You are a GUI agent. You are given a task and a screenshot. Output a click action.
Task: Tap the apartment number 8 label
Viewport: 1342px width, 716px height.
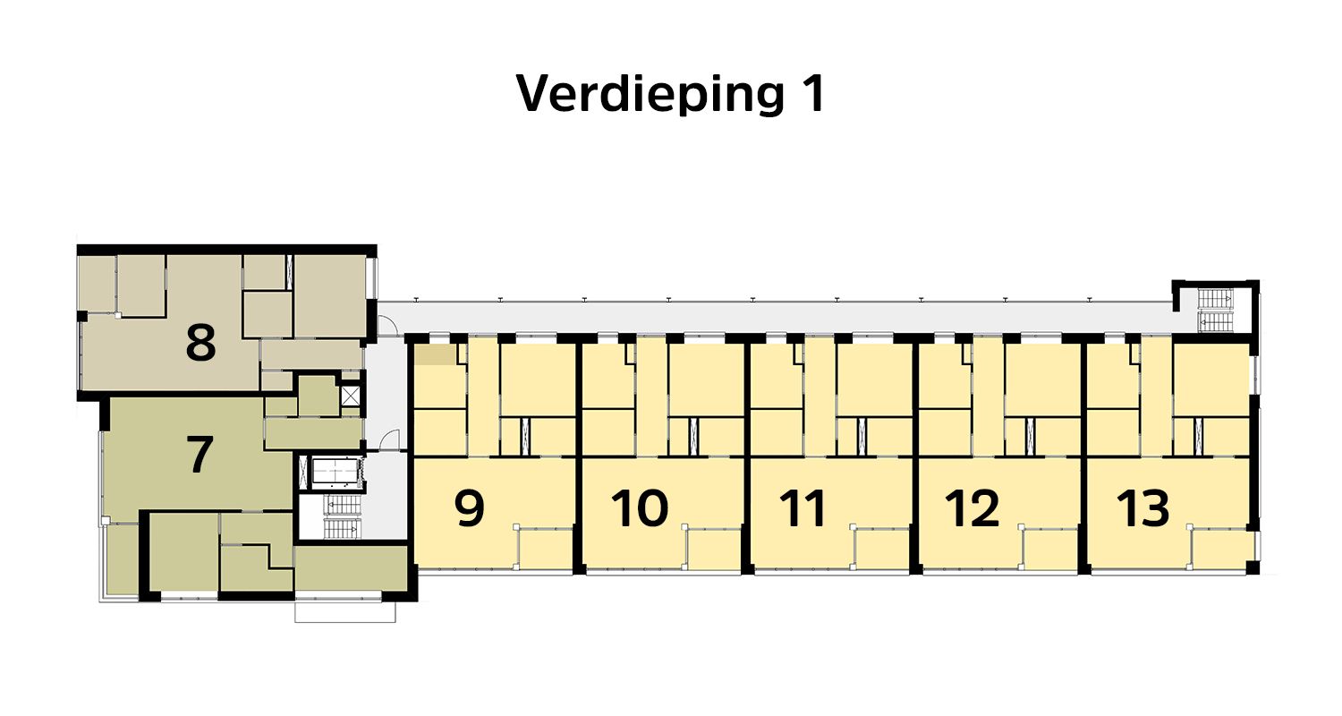tap(200, 343)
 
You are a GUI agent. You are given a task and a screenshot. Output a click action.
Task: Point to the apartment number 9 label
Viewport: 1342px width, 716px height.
tap(470, 507)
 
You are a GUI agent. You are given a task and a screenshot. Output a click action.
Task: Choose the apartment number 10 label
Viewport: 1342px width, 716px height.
tap(640, 507)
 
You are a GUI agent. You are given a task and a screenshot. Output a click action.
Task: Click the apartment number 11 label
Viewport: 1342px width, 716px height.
tap(803, 507)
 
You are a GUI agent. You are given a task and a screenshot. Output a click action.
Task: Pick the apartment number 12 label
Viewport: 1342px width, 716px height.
tap(973, 507)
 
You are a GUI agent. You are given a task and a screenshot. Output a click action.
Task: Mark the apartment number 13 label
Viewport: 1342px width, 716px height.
tap(1142, 507)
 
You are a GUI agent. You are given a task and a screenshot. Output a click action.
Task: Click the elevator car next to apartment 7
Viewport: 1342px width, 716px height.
tap(332, 472)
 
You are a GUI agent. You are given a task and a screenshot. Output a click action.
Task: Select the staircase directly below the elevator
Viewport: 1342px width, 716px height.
tap(340, 517)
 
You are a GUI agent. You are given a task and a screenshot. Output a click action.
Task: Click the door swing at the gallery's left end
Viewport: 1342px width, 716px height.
tap(386, 327)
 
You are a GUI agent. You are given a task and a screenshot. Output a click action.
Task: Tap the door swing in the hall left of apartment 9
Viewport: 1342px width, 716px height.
tap(389, 439)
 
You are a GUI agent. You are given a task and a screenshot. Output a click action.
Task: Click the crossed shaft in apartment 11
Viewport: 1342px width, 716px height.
tap(861, 436)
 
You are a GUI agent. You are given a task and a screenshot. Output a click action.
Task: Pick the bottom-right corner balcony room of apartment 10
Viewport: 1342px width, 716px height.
tap(714, 549)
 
